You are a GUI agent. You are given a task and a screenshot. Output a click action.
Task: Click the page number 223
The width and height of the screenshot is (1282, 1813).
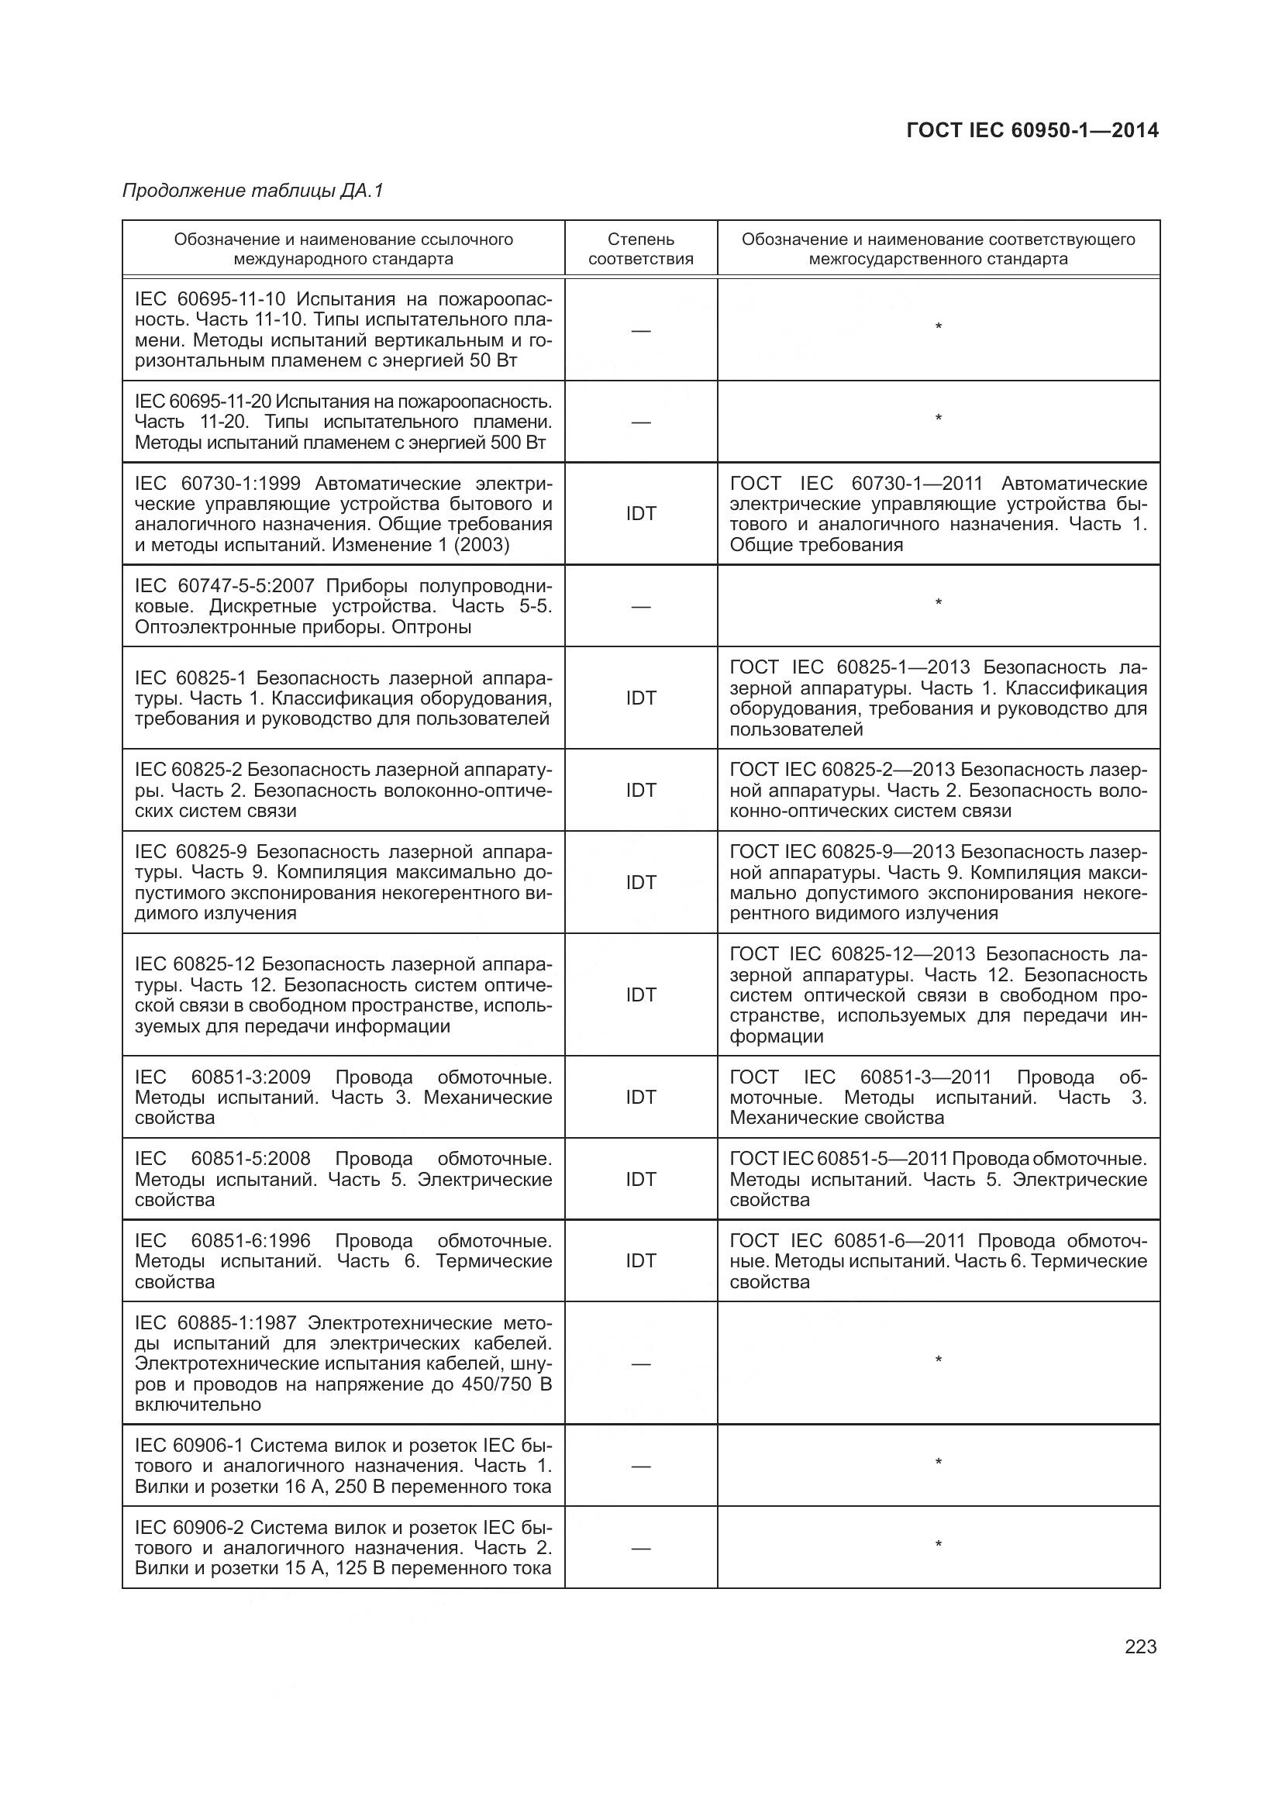point(1140,1647)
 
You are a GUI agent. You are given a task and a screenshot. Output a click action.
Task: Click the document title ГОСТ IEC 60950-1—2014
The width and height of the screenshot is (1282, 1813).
point(1032,131)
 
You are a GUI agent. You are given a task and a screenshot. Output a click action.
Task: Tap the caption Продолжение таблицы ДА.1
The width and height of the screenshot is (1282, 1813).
point(253,191)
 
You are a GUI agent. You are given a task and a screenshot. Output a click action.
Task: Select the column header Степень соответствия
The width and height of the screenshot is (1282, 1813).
point(640,249)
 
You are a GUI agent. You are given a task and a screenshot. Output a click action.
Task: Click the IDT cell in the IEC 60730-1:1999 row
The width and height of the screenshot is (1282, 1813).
point(640,514)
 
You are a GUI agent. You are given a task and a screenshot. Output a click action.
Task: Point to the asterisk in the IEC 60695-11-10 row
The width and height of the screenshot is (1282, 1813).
point(938,327)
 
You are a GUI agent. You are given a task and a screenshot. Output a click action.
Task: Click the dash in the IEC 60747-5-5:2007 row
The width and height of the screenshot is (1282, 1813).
point(640,607)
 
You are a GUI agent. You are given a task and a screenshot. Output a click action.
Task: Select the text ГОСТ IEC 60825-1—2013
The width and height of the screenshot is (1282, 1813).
point(849,668)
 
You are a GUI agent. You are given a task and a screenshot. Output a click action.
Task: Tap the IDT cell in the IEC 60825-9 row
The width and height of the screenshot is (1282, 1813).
point(640,883)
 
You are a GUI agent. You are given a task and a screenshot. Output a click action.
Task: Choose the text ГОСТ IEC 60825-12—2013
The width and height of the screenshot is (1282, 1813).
point(853,955)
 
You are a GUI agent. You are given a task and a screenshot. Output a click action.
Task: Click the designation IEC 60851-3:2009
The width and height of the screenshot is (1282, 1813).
point(222,1078)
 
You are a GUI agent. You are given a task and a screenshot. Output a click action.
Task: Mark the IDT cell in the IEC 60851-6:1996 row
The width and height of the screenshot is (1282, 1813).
point(640,1261)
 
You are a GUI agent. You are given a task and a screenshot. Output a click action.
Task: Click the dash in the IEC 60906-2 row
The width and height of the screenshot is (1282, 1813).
point(640,1549)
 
